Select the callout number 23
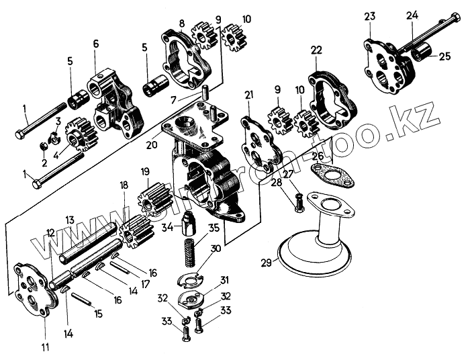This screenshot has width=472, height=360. [370, 17]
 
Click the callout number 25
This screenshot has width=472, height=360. [444, 56]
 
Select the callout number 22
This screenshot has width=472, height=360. [316, 50]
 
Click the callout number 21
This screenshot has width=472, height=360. [250, 96]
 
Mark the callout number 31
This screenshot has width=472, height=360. [224, 280]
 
